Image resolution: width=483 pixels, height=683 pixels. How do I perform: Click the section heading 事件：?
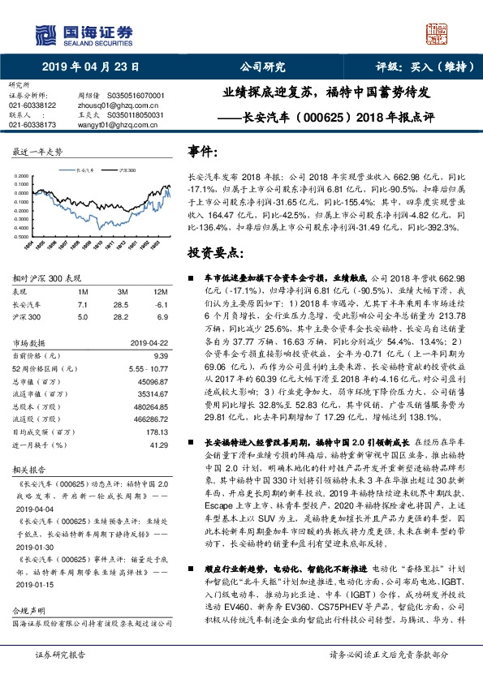tap(203, 152)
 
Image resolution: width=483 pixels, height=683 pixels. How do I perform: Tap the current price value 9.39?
tap(159, 355)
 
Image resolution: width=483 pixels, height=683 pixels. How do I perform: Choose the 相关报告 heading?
tap(27, 469)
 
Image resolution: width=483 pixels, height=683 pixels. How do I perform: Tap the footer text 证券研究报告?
tap(59, 654)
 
